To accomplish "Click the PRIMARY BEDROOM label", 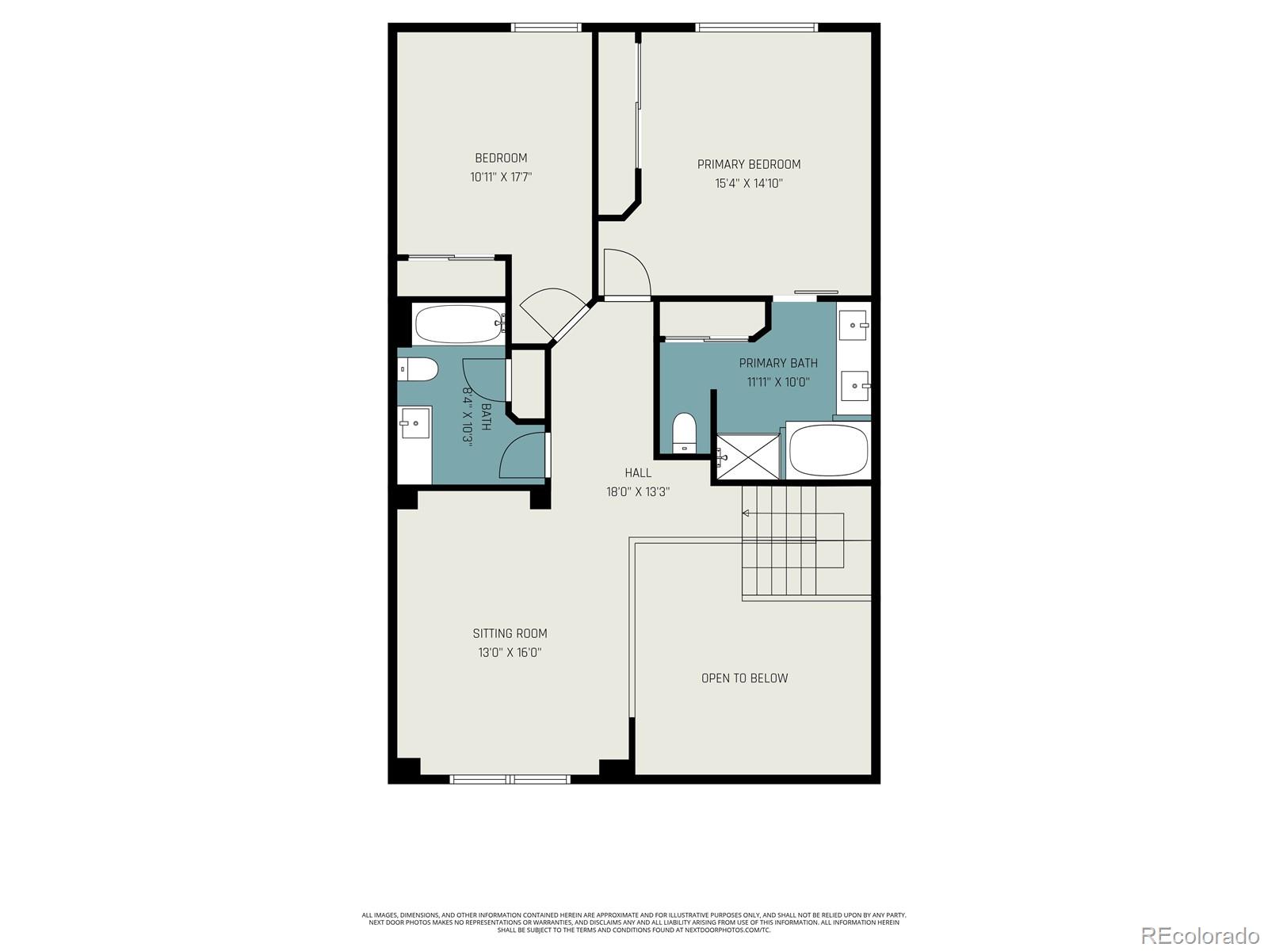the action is point(749,165).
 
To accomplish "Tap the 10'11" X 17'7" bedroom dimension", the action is point(501,178).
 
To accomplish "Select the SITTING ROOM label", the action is point(510,633).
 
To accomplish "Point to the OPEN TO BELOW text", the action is point(745,678).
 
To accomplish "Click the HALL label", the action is point(638,473).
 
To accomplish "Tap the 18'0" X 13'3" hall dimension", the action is point(638,492).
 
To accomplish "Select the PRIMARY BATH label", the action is point(778,363).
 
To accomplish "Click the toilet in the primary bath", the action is point(686,433).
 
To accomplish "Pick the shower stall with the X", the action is point(748,456).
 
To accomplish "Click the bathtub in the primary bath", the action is point(828,450).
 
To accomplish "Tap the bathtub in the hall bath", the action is point(460,324).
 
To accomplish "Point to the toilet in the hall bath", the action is point(418,369).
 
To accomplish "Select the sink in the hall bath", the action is point(414,423).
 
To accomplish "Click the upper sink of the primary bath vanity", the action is point(854,326).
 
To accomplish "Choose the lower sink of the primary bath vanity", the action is point(855,386).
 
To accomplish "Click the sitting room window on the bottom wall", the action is point(510,779).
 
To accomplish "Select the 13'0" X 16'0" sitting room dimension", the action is point(510,652).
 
